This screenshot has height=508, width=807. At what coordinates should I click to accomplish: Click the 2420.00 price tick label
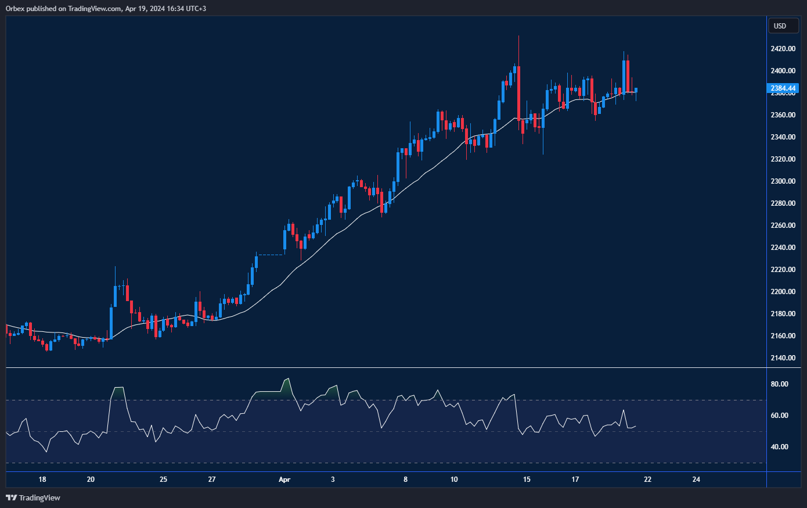783,49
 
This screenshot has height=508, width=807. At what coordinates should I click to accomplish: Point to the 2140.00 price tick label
783,358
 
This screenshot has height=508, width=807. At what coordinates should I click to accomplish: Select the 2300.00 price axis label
783,181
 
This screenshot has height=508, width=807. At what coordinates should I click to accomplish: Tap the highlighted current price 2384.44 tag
783,88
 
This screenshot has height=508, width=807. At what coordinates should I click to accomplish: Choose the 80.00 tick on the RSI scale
779,384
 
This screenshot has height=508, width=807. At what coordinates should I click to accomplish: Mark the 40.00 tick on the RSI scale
779,447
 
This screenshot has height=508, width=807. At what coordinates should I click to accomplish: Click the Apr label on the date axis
284,480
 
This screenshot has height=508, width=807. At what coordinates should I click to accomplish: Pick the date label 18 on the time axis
42,480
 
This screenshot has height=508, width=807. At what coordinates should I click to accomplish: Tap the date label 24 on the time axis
696,480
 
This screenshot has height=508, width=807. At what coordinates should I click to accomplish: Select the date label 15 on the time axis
527,480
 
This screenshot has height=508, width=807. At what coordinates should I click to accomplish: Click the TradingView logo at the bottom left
33,498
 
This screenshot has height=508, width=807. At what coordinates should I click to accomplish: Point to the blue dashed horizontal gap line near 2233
271,255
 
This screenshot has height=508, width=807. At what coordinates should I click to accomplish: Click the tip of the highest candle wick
518,36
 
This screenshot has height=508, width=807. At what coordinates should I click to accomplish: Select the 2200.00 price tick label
783,292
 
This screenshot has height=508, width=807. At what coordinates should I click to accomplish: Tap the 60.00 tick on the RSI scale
779,416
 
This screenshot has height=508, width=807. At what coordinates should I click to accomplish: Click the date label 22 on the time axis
647,480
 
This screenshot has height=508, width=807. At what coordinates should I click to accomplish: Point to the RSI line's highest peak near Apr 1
287,379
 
